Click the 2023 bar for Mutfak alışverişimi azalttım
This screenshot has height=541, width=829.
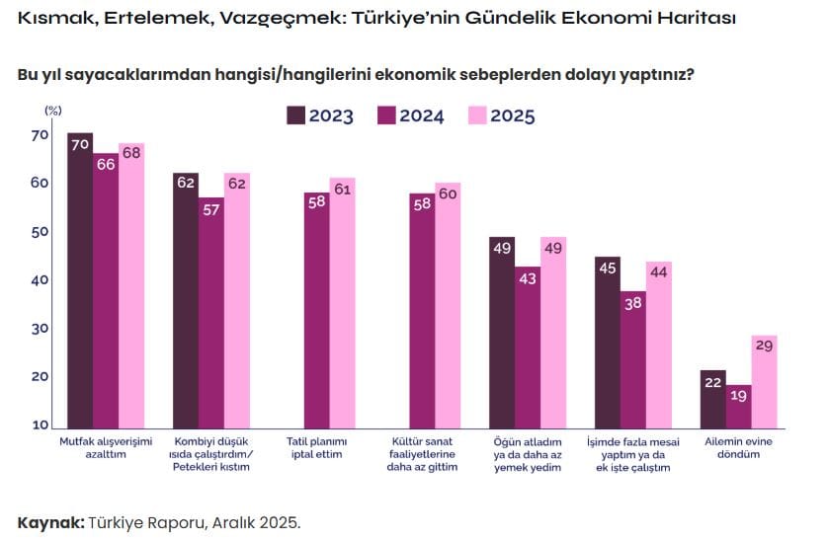coord(80,281)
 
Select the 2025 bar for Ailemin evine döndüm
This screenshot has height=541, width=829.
coord(764,383)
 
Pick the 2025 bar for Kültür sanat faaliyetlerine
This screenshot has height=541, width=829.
coord(448,306)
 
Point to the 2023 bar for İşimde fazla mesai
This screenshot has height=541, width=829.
coord(608,343)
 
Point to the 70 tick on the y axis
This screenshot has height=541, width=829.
coord(39,135)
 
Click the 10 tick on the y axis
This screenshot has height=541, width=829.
coord(39,425)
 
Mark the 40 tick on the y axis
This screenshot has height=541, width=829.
coord(39,280)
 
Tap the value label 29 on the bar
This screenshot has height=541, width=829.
coord(764,346)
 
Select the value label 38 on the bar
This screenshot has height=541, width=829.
coord(633,303)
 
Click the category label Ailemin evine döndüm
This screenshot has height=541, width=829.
coord(738,449)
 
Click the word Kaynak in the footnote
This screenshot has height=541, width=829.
coord(49,521)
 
